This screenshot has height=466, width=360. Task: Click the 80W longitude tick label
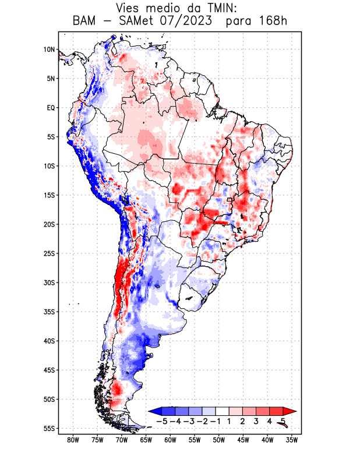(73, 440)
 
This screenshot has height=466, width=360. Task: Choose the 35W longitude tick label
(292, 440)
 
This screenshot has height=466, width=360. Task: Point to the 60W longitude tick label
(170, 440)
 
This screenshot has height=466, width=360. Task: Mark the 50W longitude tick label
(219, 440)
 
